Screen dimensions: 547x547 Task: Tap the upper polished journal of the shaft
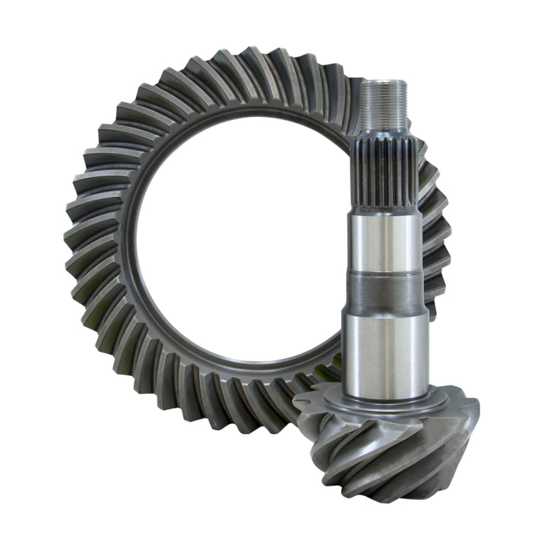(381, 243)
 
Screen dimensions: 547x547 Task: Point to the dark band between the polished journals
(382, 293)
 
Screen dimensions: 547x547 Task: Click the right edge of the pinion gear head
(476, 425)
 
